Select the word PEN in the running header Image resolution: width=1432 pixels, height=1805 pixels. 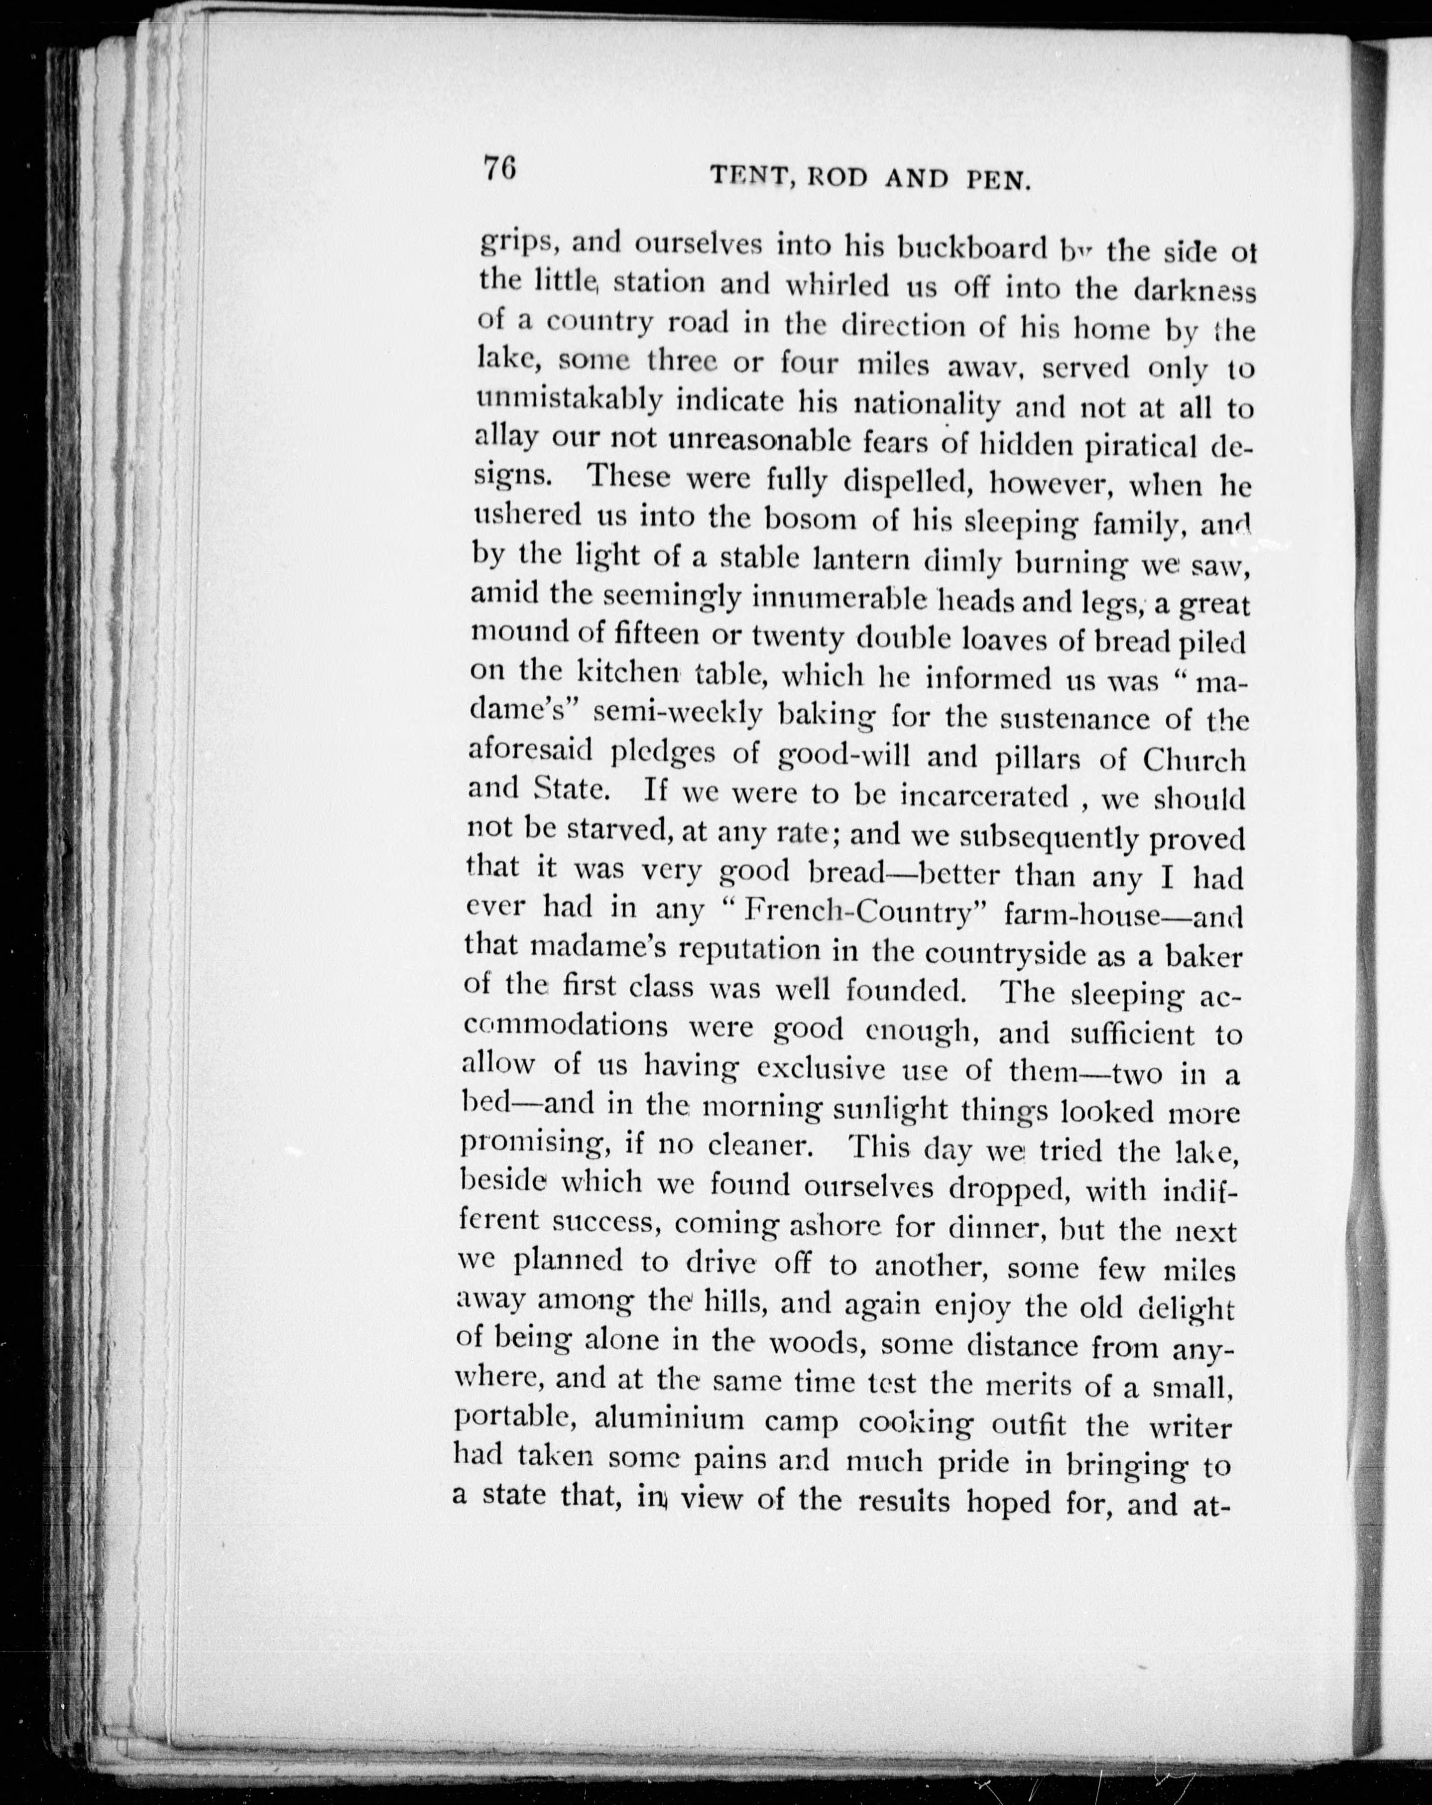997,181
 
